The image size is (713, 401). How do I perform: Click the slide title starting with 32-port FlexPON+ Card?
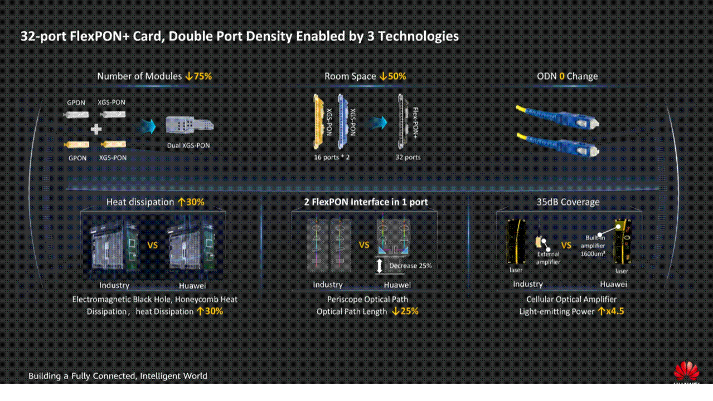[x=240, y=36]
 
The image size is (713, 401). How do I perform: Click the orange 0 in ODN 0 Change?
[x=562, y=76]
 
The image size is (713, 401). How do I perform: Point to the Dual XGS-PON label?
[x=189, y=146]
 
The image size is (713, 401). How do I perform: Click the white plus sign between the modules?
[x=96, y=129]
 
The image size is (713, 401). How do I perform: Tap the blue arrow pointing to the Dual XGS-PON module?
[x=148, y=125]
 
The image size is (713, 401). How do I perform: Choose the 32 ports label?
[x=408, y=158]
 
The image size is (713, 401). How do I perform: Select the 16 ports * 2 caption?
[x=332, y=158]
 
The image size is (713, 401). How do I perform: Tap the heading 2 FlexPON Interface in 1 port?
[x=366, y=202]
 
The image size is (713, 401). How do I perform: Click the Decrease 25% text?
[x=410, y=266]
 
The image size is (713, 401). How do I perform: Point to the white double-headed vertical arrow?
[x=380, y=266]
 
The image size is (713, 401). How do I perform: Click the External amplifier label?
[x=548, y=258]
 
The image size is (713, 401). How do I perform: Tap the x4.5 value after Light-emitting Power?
[x=615, y=311]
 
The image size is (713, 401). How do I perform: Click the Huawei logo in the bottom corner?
[x=686, y=372]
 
